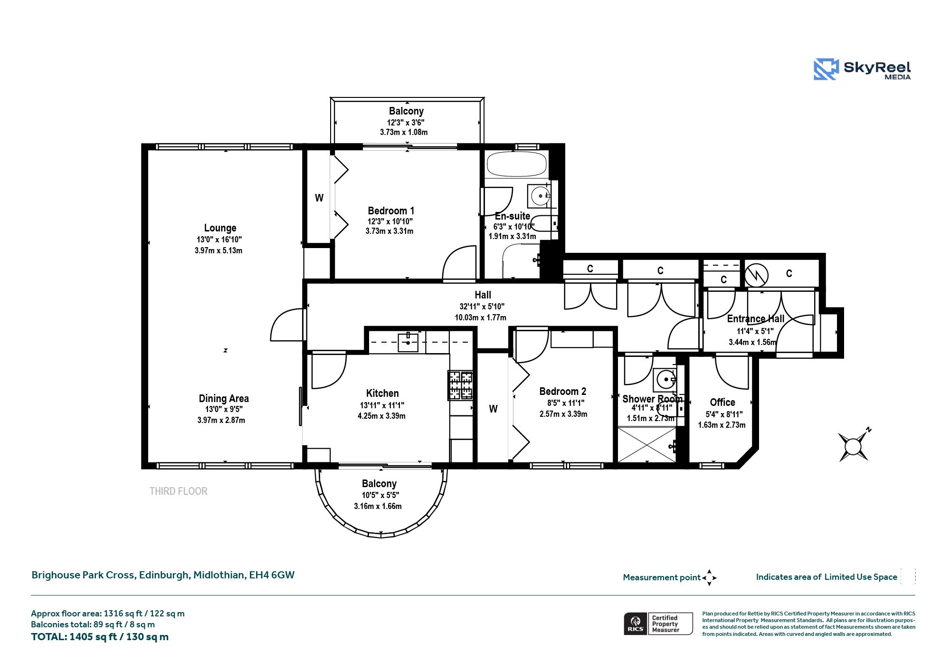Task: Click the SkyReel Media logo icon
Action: [826, 69]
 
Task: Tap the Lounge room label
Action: [220, 228]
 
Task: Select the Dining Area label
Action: [224, 398]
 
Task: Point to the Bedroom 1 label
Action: [391, 211]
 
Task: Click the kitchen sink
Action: [408, 342]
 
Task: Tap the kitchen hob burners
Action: [460, 385]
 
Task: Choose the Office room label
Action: [722, 402]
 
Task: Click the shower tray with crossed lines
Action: [646, 444]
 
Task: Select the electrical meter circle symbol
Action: [756, 275]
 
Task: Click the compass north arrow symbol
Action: [854, 446]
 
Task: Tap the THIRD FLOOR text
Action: [179, 491]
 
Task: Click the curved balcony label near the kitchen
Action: [379, 484]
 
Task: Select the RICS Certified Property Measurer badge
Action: [658, 624]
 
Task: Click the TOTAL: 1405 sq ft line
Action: [100, 637]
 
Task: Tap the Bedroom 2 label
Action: [563, 391]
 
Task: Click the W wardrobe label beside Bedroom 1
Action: [319, 198]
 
